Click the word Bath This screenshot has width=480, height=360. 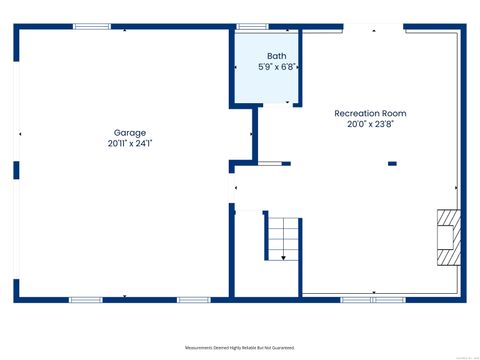[x=275, y=56]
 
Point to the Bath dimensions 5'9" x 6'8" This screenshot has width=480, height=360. [x=275, y=67]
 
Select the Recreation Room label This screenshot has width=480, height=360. [x=370, y=114]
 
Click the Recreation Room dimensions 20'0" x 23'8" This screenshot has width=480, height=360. [x=370, y=125]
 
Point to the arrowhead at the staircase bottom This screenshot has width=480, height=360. [x=283, y=258]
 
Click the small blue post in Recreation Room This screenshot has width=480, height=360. [x=392, y=163]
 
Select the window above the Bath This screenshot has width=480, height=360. [x=251, y=27]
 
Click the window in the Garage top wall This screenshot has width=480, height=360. [x=92, y=27]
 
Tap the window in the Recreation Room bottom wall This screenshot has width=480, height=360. [x=372, y=298]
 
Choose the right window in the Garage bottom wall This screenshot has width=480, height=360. [x=193, y=298]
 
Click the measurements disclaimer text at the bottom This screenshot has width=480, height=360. [x=240, y=348]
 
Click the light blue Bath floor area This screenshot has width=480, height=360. [x=265, y=85]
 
